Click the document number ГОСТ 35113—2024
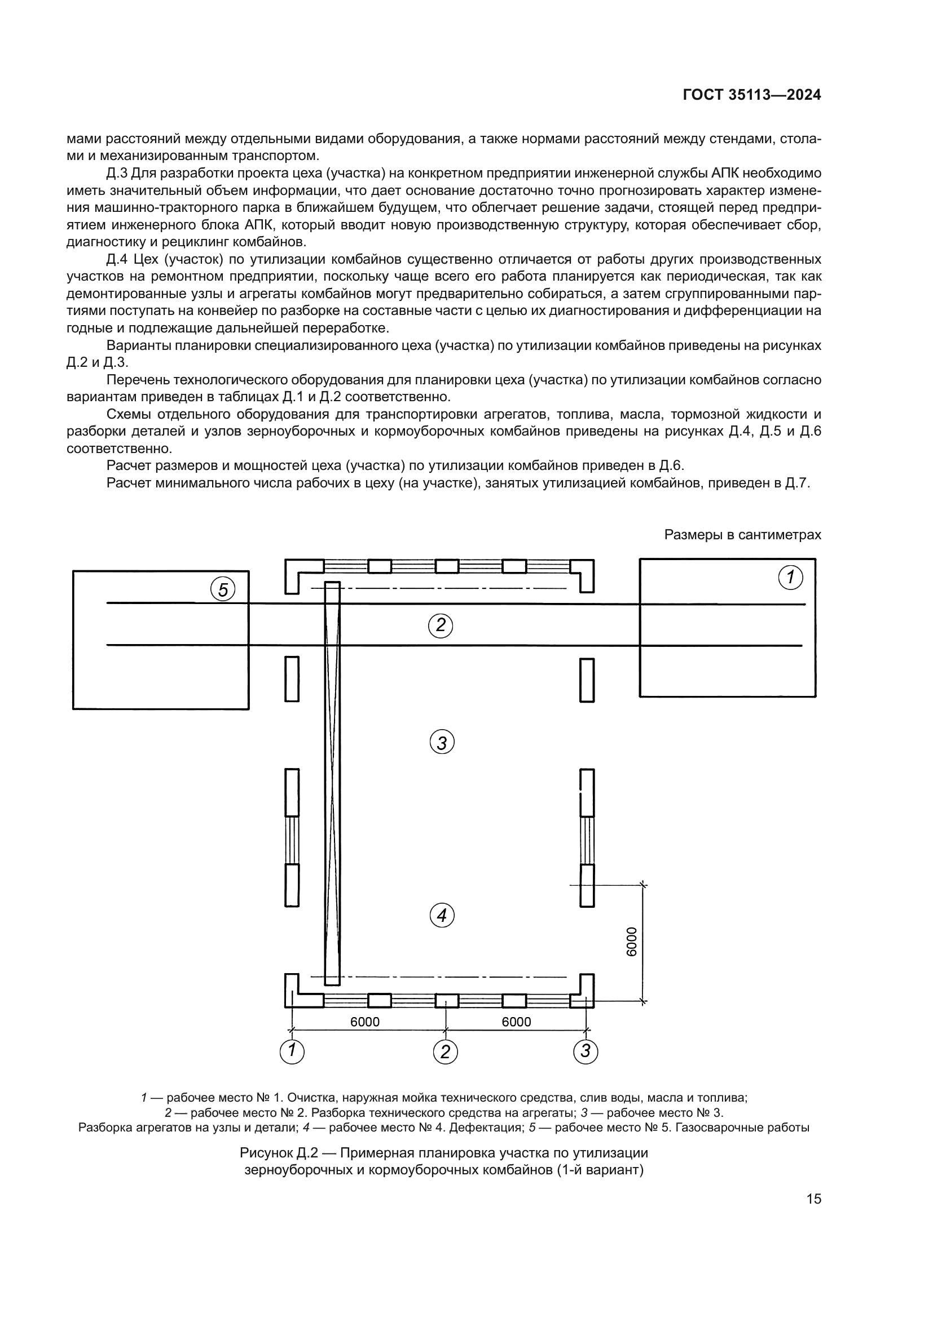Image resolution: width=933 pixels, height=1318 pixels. point(751,95)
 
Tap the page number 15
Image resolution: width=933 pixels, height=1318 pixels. point(813,1199)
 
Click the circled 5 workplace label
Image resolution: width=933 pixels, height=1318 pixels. point(223,589)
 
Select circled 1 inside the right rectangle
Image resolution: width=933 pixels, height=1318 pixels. point(790,578)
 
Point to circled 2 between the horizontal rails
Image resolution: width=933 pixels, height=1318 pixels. point(441,625)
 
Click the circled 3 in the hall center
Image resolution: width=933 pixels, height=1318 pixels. point(442,743)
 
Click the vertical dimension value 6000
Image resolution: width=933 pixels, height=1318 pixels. point(631,942)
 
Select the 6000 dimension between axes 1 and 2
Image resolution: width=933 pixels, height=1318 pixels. point(365,1021)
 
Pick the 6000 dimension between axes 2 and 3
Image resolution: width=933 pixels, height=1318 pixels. point(516,1021)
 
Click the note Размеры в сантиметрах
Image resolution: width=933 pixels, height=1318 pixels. point(742,534)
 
